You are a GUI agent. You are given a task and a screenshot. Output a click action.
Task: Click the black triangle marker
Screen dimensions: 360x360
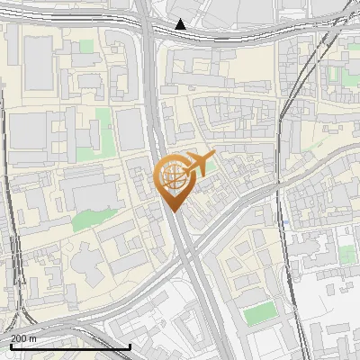181,24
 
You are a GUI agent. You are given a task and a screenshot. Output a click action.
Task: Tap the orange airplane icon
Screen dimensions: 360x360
199,165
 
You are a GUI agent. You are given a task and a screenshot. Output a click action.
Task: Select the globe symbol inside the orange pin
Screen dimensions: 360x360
173,175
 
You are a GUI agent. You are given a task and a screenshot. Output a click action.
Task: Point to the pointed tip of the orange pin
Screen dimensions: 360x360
173,211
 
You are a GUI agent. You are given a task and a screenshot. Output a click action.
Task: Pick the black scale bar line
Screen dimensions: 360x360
70,346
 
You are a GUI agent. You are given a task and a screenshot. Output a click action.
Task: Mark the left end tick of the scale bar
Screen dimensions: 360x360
11,344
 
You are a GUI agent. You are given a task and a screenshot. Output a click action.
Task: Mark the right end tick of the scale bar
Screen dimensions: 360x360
130,344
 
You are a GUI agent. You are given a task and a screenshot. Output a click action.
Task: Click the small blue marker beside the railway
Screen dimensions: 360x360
284,221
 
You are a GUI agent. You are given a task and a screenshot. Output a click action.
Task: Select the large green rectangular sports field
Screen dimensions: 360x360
260,313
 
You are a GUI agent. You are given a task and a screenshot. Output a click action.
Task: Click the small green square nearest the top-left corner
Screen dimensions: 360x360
86,46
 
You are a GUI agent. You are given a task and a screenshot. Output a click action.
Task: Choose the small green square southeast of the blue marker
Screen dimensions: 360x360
347,256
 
